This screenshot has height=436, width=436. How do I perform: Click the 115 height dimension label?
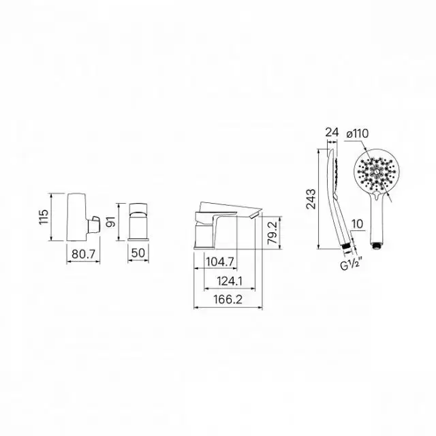[x=44, y=217]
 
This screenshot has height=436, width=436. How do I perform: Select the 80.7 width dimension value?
[x=83, y=253]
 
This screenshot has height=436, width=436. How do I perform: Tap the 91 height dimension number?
[x=110, y=221]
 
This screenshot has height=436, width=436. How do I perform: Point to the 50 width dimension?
[x=138, y=253]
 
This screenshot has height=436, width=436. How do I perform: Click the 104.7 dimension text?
[x=220, y=262]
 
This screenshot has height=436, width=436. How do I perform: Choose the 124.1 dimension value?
[x=230, y=281]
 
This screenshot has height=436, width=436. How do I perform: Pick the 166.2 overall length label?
[x=228, y=300]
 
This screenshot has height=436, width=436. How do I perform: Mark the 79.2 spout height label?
[x=272, y=232]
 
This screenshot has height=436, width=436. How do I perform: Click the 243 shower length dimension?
[x=311, y=199]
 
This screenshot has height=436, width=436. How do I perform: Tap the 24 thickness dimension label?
[x=332, y=132]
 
